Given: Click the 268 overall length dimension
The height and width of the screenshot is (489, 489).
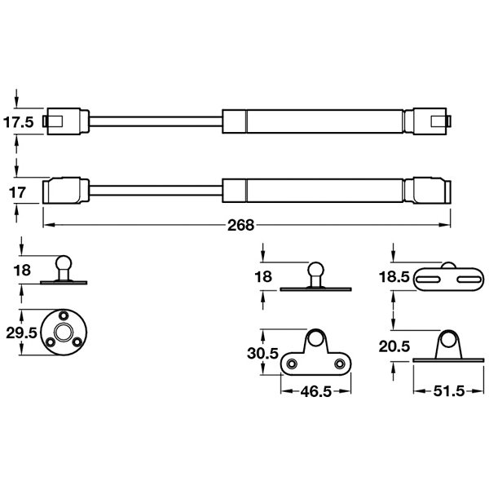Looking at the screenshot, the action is pos(240,225).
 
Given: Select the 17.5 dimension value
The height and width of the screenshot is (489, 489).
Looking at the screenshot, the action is pos(19,122).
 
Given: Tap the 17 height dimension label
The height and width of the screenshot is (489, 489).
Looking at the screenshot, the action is pos(17,192).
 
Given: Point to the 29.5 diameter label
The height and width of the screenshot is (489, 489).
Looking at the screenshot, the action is pos(21,333).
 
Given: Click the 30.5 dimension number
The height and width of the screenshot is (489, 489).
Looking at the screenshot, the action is pos(262,354).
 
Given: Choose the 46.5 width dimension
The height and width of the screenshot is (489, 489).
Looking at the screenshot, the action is pos(316,391).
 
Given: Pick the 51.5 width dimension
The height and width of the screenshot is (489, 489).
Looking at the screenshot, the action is pos(449,391).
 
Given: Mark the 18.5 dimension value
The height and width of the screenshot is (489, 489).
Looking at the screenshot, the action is pos(394,277).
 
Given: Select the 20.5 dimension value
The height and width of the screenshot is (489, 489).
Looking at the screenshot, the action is pos(394,346).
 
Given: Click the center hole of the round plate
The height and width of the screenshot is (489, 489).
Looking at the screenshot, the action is pos(64,333).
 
